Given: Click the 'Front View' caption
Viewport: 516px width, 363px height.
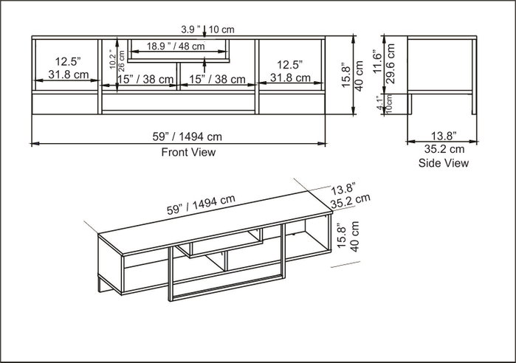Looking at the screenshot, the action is coord(188,152).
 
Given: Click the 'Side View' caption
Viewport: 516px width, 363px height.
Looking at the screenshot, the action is coord(443,163).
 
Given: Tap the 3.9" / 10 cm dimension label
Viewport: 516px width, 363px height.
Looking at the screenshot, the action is coord(207,30).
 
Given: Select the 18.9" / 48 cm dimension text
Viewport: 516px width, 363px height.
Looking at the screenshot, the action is coord(176,46).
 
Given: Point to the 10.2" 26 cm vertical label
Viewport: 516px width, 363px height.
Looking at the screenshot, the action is coord(117,60).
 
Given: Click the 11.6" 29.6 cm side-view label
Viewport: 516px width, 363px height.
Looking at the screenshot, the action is coord(384,63).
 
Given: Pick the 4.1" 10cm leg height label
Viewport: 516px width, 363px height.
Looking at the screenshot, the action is coord(385,103).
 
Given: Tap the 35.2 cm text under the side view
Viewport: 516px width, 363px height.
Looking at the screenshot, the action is coord(444,149).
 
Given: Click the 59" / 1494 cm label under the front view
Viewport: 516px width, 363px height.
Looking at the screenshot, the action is coord(188,136).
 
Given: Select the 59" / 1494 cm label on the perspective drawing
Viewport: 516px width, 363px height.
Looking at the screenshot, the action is coord(201,204).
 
